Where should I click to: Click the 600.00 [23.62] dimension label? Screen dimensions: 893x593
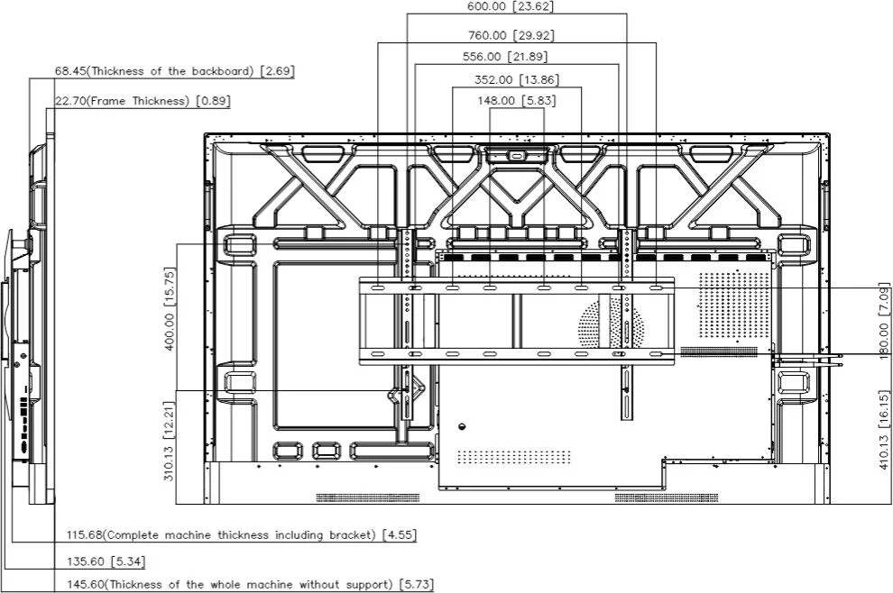pos(511,6)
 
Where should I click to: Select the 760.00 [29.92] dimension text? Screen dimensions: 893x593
pos(511,35)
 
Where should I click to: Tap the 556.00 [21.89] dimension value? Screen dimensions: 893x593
pos(505,57)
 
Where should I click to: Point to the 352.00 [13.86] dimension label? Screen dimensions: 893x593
pos(517,79)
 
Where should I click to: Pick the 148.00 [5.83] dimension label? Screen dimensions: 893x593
pos(517,101)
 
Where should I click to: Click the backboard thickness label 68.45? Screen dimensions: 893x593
pos(174,72)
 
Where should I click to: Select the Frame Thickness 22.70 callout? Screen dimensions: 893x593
pos(143,101)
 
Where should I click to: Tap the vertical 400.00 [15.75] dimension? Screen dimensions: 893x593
pos(170,309)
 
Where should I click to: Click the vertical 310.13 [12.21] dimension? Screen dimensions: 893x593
pos(170,441)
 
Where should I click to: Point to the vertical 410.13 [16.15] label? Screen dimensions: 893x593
pos(884,430)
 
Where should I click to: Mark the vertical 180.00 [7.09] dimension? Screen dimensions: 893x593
pos(884,324)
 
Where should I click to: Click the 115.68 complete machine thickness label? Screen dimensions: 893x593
pos(242,535)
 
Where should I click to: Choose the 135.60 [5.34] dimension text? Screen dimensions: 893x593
pos(106,561)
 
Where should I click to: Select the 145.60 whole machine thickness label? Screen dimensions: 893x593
pos(250,585)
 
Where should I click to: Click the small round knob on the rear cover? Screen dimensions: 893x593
pos(462,426)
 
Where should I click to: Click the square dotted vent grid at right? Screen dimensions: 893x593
pos(734,305)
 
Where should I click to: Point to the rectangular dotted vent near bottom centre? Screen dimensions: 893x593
pos(514,457)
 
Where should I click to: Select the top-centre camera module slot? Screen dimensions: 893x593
pos(517,155)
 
